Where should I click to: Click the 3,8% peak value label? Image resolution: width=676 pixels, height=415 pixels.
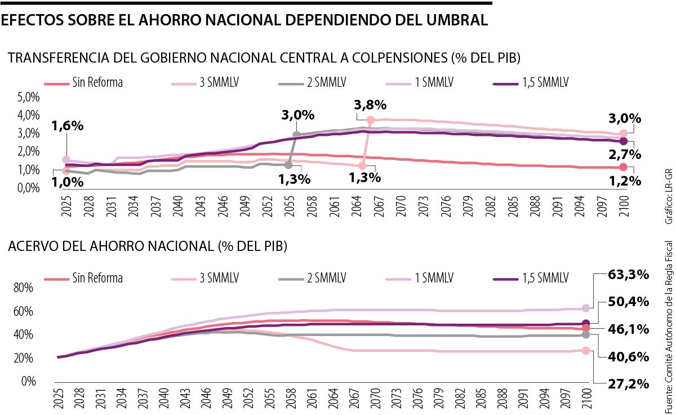point(370,104)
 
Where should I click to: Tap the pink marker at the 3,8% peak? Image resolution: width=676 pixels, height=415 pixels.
point(370,120)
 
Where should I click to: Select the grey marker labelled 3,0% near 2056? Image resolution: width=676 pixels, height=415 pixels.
point(297,135)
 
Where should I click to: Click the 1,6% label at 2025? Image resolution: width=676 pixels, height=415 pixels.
point(68,126)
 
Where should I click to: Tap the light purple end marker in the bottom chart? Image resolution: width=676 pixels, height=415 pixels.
point(586,292)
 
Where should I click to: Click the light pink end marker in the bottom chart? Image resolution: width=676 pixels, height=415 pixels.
point(586,350)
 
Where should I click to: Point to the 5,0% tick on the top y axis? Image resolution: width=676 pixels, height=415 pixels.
point(28,98)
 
